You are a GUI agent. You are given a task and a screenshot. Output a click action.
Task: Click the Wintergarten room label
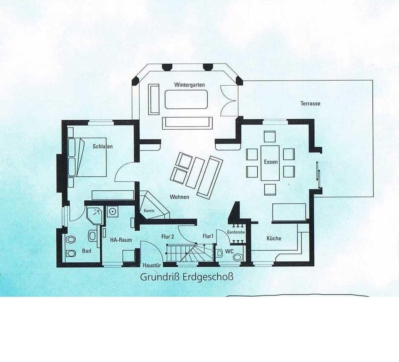click(x=190, y=85)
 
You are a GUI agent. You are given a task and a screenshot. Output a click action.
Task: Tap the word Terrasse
click(x=310, y=103)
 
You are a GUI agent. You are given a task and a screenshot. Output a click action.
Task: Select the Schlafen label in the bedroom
click(x=103, y=146)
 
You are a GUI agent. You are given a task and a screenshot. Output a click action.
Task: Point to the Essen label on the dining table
click(x=271, y=162)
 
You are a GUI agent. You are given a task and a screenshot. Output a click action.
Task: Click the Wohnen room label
click(x=179, y=197)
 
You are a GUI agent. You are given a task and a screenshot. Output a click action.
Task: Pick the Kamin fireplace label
click(x=149, y=211)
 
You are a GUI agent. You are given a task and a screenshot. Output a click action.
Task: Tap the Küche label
click(x=274, y=238)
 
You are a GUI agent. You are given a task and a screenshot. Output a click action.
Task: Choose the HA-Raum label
click(x=121, y=240)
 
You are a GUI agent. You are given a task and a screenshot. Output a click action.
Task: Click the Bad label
click(x=86, y=251)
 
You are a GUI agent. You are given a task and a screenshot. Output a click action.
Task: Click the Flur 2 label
click(x=167, y=236)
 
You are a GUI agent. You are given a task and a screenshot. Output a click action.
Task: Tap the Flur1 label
click(x=208, y=236)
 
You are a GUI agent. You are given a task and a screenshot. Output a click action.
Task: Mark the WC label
click(x=229, y=252)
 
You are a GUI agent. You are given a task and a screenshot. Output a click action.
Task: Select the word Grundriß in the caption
click(x=160, y=277)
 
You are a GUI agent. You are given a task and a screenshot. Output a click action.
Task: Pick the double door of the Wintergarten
click(x=228, y=100)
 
